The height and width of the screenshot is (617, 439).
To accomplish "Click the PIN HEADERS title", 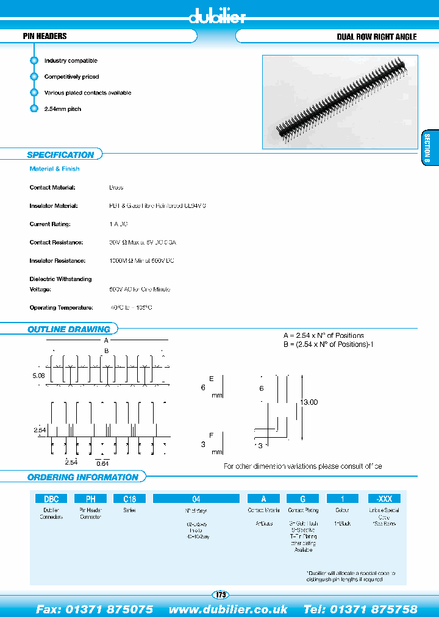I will click(45, 37).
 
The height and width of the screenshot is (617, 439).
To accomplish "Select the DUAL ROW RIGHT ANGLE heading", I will click(376, 37).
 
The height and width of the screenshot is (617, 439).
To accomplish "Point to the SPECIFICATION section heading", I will click(60, 155).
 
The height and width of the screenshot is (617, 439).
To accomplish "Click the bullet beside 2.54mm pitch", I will click(34, 109).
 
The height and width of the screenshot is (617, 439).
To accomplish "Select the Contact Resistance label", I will click(56, 243).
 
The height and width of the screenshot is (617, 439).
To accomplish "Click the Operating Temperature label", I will click(61, 308).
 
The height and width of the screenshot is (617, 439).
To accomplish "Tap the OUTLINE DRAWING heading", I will click(68, 329).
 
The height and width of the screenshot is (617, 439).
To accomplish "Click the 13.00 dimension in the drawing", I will click(309, 402).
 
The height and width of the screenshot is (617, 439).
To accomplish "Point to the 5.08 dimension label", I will click(38, 376).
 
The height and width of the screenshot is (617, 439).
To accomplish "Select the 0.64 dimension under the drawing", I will click(102, 465).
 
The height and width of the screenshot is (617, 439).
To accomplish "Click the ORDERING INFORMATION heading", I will click(83, 477).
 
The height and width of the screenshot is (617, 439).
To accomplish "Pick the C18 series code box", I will click(129, 498).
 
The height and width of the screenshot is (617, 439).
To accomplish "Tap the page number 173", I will click(221, 594).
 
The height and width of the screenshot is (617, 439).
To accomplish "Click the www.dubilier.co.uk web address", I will click(228, 609).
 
